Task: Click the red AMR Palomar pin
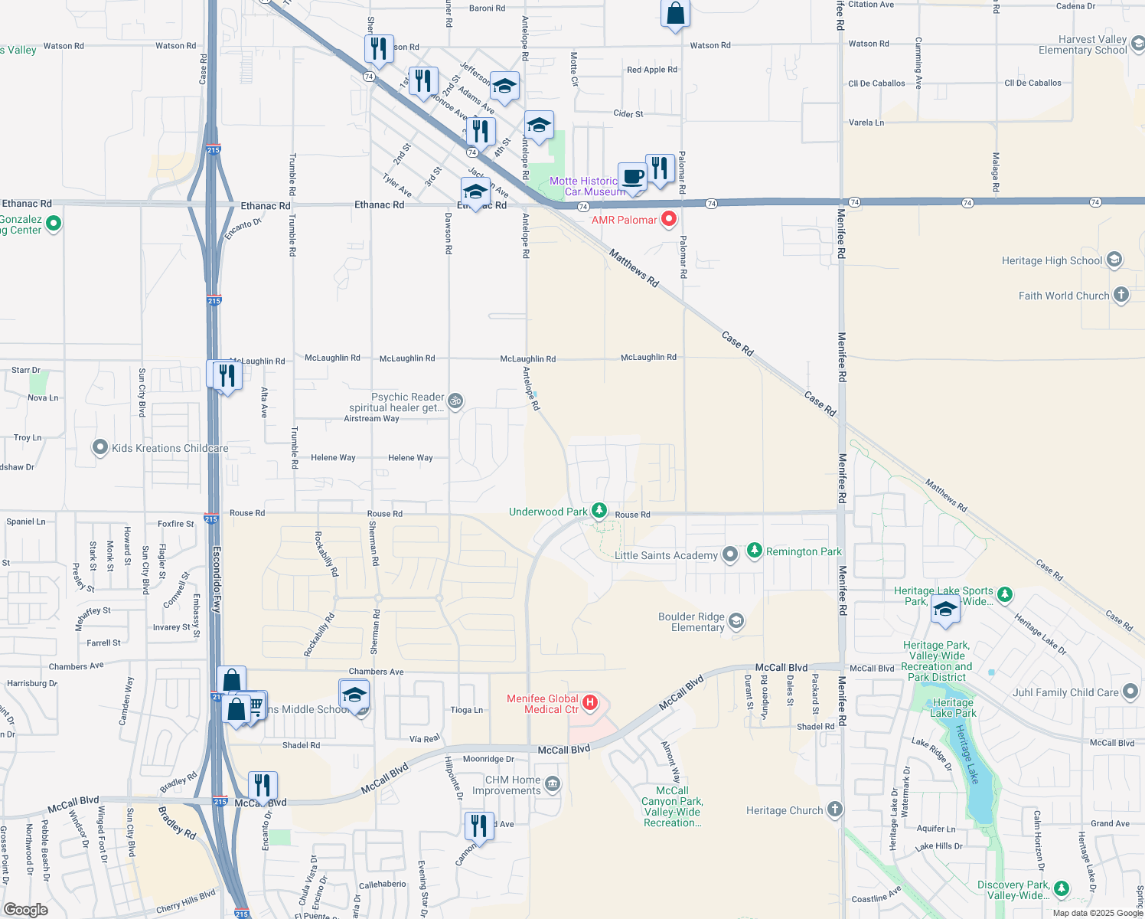668,219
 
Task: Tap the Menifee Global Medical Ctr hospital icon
589,702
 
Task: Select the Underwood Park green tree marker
599,511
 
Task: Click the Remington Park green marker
755,551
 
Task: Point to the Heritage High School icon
1114,260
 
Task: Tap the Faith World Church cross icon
1121,295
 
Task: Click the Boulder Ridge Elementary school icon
736,620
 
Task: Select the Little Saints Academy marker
730,554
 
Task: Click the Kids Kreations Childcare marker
100,447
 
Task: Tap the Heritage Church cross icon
835,809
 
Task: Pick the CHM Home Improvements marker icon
553,784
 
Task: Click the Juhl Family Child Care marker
1130,692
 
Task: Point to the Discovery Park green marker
1061,888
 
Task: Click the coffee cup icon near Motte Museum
633,178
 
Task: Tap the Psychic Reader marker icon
455,401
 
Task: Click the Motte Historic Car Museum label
587,186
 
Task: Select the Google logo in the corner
25,909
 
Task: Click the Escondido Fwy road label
217,579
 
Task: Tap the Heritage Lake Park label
953,708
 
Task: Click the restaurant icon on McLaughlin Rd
227,375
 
